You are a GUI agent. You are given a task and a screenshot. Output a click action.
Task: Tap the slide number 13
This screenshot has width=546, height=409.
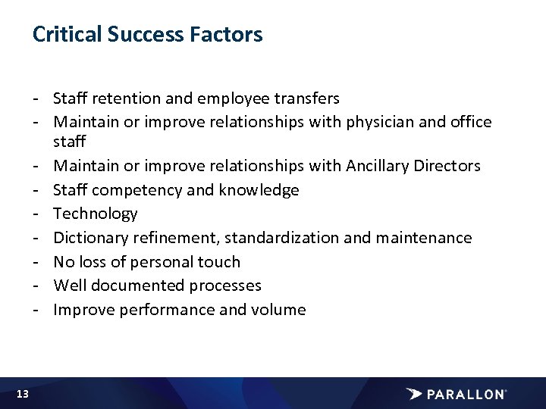pyautogui.click(x=22, y=394)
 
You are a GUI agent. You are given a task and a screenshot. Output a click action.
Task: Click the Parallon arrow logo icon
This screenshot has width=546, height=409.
pyautogui.click(x=414, y=394)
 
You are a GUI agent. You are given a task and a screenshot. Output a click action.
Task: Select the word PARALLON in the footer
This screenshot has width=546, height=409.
pyautogui.click(x=466, y=394)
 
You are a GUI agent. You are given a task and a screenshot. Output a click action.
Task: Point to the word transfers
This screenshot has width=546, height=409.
pyautogui.click(x=306, y=98)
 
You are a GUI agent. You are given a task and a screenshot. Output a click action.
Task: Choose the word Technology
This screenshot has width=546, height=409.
pyautogui.click(x=96, y=214)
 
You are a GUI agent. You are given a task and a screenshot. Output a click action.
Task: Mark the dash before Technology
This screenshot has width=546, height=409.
pyautogui.click(x=36, y=214)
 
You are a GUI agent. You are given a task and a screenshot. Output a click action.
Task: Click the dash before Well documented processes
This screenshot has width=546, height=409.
pyautogui.click(x=36, y=286)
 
